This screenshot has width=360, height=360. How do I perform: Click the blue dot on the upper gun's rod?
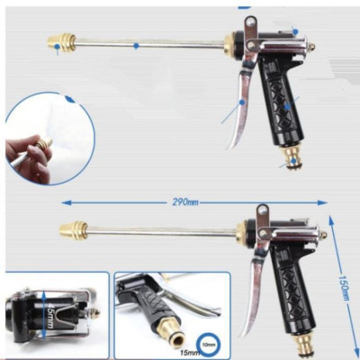point(136,44)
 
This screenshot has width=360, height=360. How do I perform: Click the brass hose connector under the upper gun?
point(290,160)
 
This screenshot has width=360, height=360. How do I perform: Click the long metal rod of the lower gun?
point(162,231)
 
